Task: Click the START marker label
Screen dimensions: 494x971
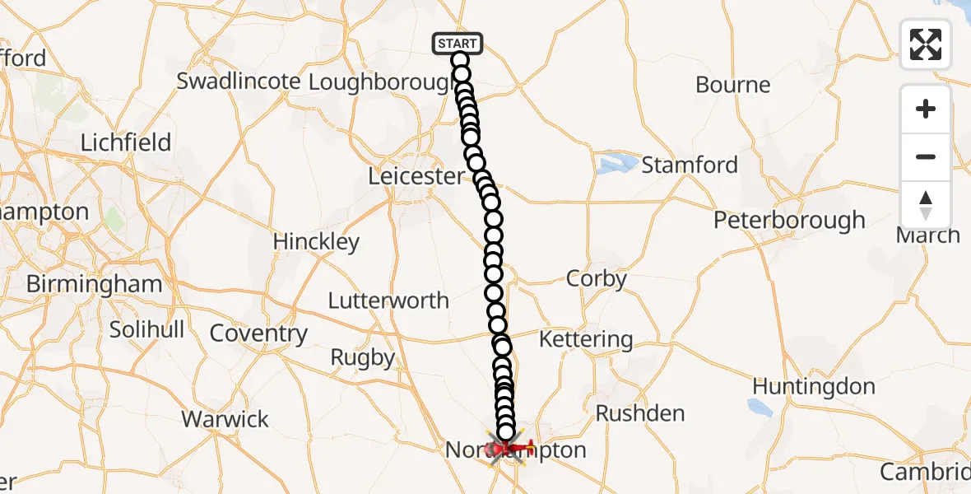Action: coord(457,43)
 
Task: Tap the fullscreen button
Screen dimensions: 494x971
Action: coord(926,44)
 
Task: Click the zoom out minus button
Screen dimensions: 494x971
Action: coord(926,156)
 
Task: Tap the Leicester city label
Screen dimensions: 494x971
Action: coord(416,175)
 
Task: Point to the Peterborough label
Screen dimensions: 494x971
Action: coord(789,221)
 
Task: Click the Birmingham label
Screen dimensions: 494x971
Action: coord(93,284)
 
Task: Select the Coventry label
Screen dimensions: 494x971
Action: coord(258,333)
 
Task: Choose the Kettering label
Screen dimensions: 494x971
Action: coord(586,339)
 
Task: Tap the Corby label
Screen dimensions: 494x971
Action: coord(597,279)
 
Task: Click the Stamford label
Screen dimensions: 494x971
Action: coord(690,165)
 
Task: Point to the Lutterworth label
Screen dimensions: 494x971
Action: coord(388,301)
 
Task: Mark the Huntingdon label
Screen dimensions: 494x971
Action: coord(813,386)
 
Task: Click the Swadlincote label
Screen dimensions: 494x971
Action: coord(238,82)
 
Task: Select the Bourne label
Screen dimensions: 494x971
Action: coord(732,85)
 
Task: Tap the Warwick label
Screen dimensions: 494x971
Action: coord(225,419)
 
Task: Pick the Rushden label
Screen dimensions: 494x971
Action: coord(640,413)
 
